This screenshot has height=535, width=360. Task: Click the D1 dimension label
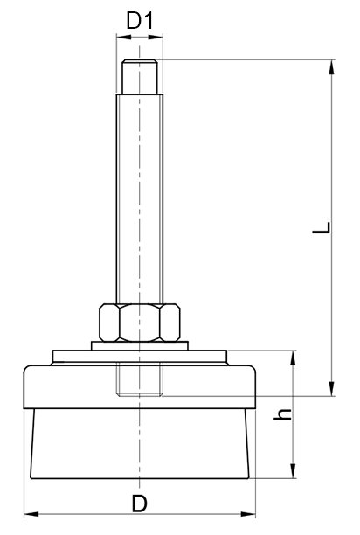click(x=140, y=20)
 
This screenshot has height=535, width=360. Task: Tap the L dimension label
click(x=322, y=227)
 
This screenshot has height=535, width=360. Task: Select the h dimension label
click(x=283, y=413)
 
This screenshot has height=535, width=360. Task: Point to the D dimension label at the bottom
click(x=140, y=504)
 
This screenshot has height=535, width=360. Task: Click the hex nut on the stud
click(x=140, y=323)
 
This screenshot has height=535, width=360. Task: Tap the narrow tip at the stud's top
click(x=140, y=77)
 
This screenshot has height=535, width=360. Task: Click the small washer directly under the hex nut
click(x=140, y=345)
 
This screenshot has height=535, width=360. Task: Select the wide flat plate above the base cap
click(x=140, y=356)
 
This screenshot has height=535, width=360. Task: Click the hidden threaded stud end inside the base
click(x=140, y=379)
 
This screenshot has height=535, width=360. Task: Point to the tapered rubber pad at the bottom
click(x=140, y=443)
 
